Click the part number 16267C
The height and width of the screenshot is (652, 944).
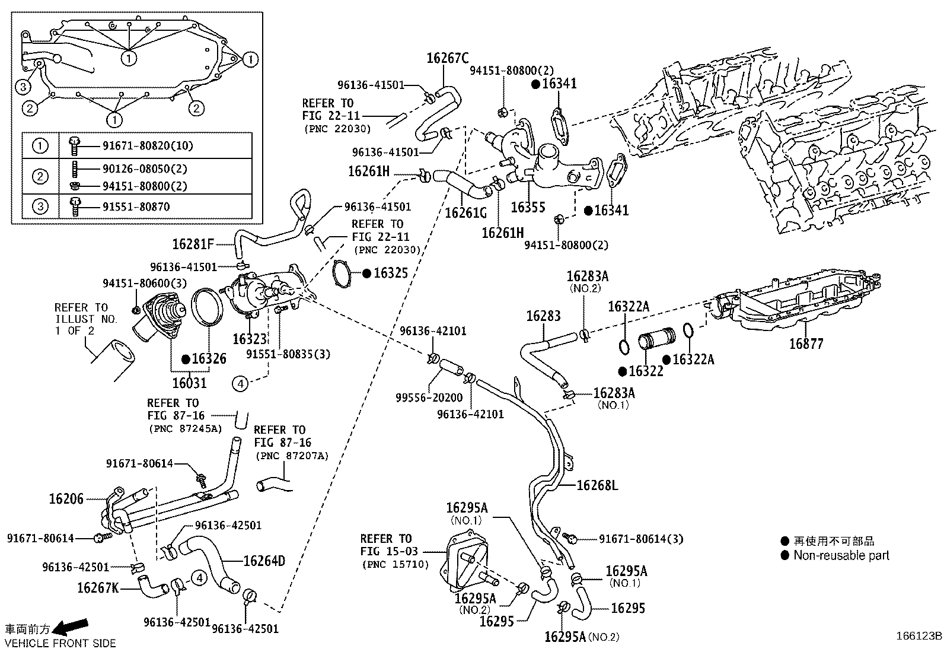coord(447,58)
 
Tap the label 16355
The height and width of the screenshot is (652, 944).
coord(528,207)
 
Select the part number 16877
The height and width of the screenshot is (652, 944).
coord(806,344)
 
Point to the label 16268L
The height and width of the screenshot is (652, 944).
coord(597,486)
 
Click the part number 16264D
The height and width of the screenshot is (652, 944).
coord(264,561)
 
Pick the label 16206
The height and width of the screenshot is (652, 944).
coord(66,499)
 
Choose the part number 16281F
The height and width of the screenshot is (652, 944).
coord(193,244)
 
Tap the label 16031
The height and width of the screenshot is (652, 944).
coord(190,383)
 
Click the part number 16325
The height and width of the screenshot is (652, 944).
coord(391,273)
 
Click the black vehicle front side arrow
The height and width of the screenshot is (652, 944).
coord(72,626)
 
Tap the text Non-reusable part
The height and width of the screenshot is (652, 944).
coord(841,556)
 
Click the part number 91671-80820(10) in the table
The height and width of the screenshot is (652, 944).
coord(140,145)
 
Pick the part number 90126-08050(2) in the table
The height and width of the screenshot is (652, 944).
coord(136,168)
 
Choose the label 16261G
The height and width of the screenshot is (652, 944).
coord(465,212)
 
